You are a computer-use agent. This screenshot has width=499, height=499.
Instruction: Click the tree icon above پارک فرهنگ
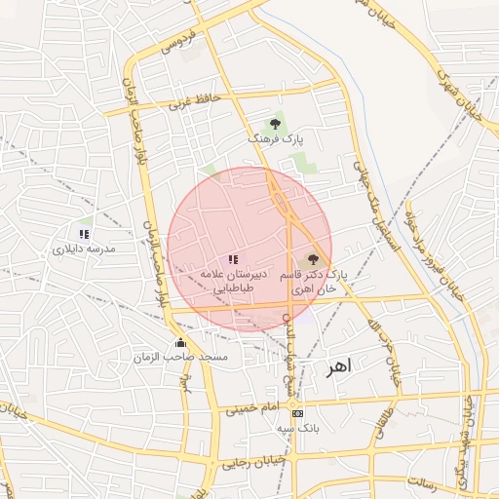[x=276, y=124]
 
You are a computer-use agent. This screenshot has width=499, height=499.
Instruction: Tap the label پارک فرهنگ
[x=276, y=140]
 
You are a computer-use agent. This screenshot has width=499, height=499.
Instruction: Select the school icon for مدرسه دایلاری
[x=85, y=234]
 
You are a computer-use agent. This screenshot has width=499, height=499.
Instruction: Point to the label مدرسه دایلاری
[x=84, y=249]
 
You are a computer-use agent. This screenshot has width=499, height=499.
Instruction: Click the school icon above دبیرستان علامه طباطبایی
[x=232, y=260]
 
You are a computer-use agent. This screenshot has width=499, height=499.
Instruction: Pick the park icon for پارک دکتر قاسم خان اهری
[x=313, y=260]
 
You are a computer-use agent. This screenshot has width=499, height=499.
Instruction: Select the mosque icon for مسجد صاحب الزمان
[x=181, y=343]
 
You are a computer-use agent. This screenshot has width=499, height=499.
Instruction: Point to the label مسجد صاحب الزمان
[x=181, y=359]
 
